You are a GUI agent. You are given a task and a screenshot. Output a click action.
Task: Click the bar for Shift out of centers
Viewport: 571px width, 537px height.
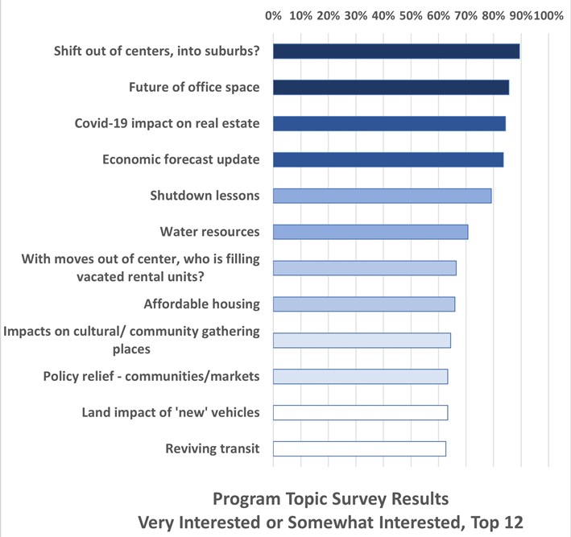(x=396, y=52)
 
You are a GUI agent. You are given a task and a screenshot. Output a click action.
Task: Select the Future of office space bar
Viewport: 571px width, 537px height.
(x=391, y=87)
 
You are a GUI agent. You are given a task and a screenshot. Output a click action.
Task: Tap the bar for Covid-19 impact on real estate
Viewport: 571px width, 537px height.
(x=389, y=123)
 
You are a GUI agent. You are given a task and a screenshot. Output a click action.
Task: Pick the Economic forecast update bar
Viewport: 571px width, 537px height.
(x=388, y=159)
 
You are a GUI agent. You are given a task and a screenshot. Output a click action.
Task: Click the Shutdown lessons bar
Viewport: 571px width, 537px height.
(x=382, y=196)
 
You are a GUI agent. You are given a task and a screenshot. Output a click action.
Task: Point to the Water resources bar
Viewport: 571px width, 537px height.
(x=370, y=232)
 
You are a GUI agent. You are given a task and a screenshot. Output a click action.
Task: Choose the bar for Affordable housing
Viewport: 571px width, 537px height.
(x=364, y=304)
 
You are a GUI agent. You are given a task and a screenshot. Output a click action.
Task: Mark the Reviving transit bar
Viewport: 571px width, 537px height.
(x=359, y=449)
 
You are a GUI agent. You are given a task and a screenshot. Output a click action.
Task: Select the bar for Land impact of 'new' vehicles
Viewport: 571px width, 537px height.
(x=360, y=413)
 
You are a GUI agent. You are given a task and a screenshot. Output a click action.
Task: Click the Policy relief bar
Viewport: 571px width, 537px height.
(x=360, y=377)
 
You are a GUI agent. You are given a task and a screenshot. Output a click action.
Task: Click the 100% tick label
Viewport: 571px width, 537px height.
(x=548, y=15)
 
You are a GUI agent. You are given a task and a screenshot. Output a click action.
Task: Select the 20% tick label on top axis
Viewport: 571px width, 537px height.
(x=328, y=15)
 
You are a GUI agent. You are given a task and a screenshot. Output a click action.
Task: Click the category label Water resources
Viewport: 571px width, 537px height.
(x=210, y=232)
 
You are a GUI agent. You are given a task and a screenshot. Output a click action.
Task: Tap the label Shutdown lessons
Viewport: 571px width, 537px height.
(x=205, y=196)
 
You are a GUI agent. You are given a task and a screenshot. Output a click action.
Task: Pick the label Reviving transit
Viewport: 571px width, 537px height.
(x=212, y=449)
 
